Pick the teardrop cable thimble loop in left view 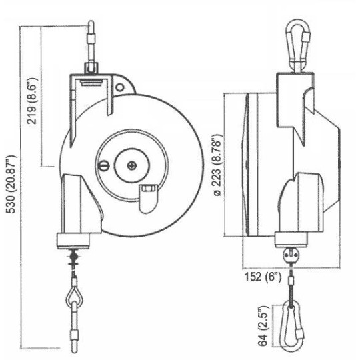pos(73,294)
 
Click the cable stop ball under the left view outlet pos(74,255)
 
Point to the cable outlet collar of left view pos(75,240)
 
